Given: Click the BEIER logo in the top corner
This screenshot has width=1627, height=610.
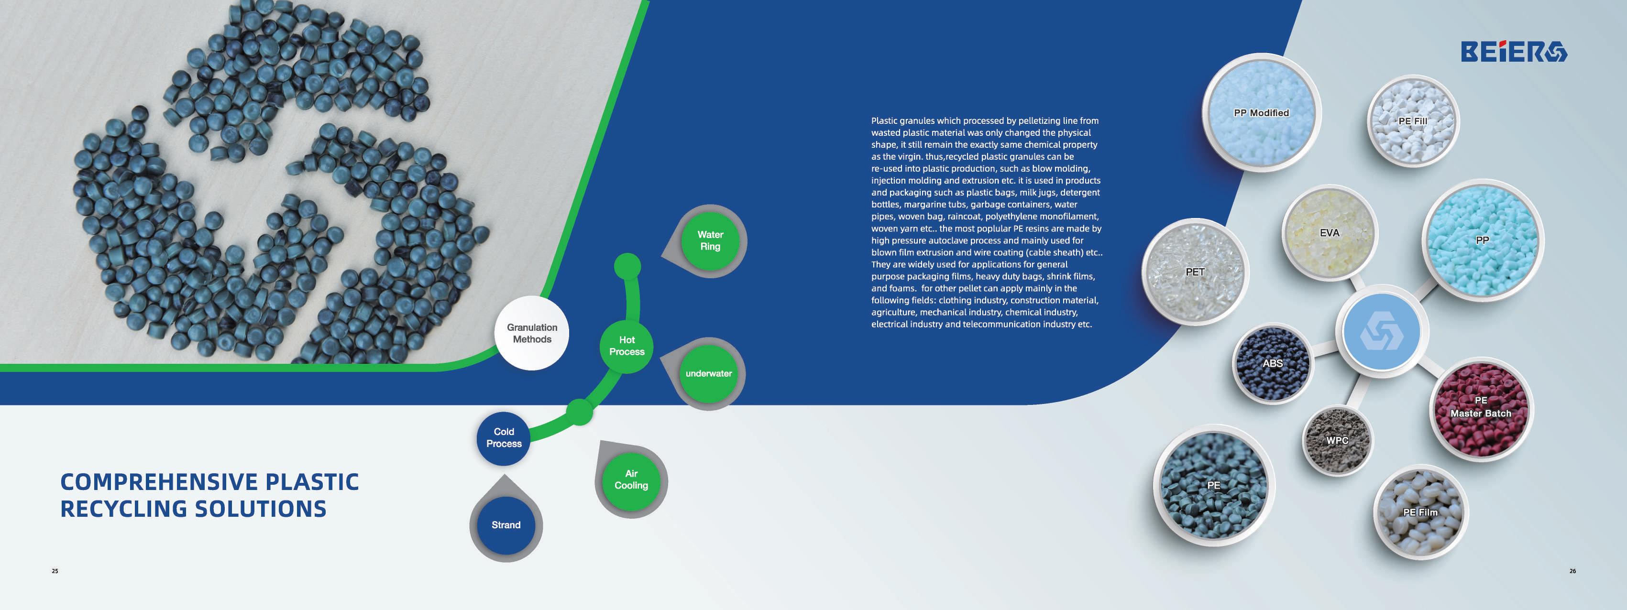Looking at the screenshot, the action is [x=1513, y=51].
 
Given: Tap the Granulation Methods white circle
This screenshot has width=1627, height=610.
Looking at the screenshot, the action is [x=532, y=333].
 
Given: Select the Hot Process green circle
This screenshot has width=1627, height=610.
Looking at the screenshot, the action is [x=627, y=346].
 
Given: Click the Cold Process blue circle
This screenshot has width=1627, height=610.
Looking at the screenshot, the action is [x=504, y=437].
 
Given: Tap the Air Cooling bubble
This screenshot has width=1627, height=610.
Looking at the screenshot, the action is [x=631, y=479].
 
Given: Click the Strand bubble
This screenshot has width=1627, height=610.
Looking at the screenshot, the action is [x=506, y=525].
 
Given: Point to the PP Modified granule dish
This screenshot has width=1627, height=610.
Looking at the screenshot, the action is [x=1261, y=114].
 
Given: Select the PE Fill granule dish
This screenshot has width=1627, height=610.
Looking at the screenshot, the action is [x=1412, y=122].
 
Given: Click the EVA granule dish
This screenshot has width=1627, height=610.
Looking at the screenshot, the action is [x=1329, y=233].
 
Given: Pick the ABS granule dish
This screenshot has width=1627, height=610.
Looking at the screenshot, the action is [x=1273, y=364].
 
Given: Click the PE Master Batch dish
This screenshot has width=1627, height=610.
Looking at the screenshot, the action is [x=1481, y=407].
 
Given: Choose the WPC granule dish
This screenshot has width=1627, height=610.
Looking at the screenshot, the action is [x=1337, y=441].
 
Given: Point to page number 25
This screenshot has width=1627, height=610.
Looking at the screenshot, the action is [x=55, y=571].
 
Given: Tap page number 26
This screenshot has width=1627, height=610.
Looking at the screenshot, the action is [x=1572, y=571].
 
